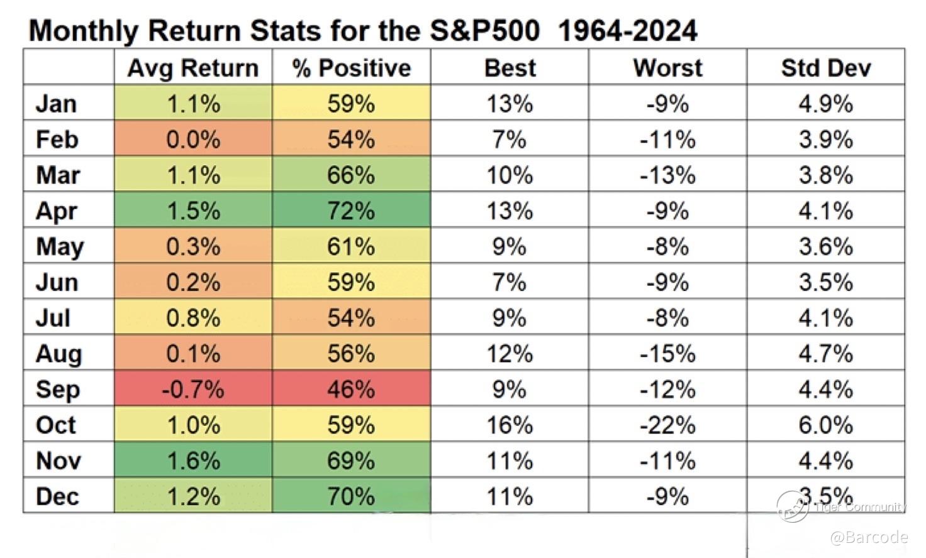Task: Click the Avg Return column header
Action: [193, 68]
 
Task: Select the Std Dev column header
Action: [826, 68]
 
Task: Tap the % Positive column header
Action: [352, 68]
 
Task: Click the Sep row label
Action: [58, 390]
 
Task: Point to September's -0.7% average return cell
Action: [193, 389]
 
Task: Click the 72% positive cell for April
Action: [352, 210]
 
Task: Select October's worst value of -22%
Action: [667, 425]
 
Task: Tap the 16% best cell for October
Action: [510, 425]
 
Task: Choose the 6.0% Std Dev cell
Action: [826, 425]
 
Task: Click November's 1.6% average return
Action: [193, 460]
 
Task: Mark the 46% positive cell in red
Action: [352, 389]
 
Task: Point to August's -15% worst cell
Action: [667, 353]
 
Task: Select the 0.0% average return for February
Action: [193, 139]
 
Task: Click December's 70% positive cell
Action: [352, 496]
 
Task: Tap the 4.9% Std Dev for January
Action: [826, 103]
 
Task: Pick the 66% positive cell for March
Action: [352, 174]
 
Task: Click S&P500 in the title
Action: [485, 31]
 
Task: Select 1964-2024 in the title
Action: [628, 31]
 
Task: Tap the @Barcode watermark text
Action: [869, 537]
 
